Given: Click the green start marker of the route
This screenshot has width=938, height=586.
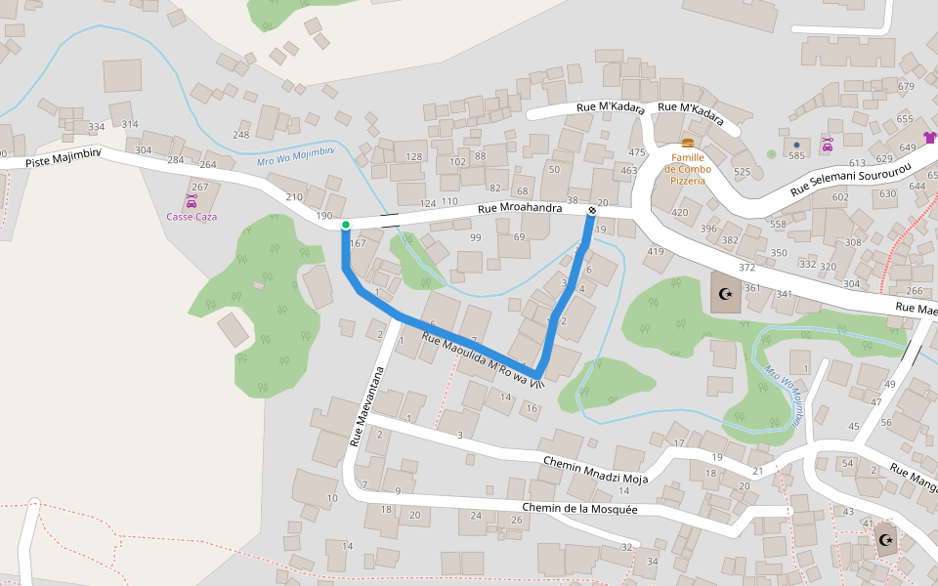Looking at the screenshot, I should (346, 225).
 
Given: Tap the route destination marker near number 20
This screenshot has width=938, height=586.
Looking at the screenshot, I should (592, 210).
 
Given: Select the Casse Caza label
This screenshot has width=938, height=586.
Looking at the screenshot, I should (192, 216).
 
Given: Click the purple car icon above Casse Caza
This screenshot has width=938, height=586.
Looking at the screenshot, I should (192, 200).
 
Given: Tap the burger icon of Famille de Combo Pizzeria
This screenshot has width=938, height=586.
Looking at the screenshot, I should (688, 143).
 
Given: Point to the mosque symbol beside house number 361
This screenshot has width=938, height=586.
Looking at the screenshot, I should (725, 294).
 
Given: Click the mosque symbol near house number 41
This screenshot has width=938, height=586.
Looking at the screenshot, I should (886, 539).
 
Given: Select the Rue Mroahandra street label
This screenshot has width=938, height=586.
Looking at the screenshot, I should (519, 208).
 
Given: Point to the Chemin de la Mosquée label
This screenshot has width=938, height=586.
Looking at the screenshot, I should (579, 509).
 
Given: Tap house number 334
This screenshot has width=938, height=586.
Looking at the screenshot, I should (96, 127).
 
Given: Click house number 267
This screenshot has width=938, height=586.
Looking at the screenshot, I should (199, 187).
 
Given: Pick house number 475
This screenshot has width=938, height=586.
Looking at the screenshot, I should (637, 152).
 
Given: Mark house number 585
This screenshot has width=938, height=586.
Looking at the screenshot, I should (796, 155).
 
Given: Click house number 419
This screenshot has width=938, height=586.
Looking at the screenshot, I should (655, 252).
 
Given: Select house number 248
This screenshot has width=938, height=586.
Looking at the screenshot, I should (241, 135).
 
